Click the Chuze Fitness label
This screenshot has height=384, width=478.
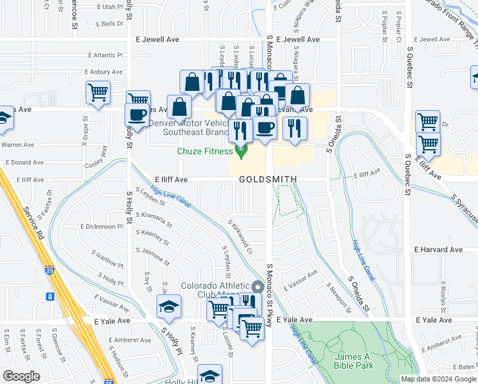click(204, 152)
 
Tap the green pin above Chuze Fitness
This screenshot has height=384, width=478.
click(241, 151)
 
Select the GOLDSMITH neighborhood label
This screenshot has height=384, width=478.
click(268, 180)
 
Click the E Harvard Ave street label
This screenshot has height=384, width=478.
click(438, 249)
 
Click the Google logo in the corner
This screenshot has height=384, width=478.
click(21, 376)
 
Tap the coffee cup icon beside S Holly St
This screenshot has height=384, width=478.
click(138, 114)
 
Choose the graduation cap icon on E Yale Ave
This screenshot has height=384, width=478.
click(169, 307)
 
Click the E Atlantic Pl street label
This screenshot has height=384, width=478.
click(105, 56)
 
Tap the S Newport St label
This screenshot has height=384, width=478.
click(339, 297)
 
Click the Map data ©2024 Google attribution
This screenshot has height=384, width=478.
click(438, 379)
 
